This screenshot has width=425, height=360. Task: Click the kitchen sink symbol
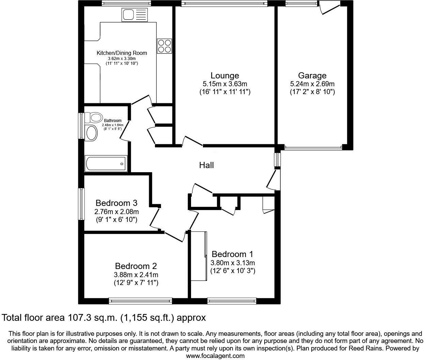(134, 15)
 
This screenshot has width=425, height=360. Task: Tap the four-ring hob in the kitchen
(164, 46)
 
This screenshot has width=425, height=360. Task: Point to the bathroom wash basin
(92, 133)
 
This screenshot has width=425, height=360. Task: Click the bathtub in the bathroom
(106, 164)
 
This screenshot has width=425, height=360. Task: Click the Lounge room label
(224, 75)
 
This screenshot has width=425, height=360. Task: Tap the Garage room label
(312, 75)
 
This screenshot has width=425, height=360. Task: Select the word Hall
(206, 165)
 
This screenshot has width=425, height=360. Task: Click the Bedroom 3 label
(116, 203)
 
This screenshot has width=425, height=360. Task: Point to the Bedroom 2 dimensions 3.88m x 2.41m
(136, 275)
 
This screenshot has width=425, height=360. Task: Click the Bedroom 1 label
(232, 254)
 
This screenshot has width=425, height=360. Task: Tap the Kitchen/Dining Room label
(122, 53)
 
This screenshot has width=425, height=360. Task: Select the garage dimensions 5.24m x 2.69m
(312, 84)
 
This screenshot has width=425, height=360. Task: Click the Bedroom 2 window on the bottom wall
(140, 301)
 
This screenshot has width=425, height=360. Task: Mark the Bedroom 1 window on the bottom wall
(232, 301)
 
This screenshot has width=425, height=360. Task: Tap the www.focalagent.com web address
(215, 356)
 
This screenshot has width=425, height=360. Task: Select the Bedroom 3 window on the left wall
(81, 204)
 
